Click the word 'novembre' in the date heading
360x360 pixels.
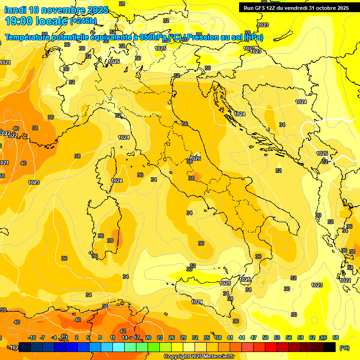coord(52,10)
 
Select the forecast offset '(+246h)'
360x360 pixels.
coord(83,21)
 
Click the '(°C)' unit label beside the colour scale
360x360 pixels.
coord(344,348)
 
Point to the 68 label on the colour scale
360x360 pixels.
coord(336,337)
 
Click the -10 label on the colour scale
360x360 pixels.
coord(32,337)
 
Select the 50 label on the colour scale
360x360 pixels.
coord(265,337)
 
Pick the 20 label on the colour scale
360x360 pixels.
coord(148,337)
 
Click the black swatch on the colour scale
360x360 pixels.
coord(330,347)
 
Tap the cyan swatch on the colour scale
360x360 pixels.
coord(119,347)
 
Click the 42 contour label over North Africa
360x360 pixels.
coord(123,331)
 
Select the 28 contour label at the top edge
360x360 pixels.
coord(122,4)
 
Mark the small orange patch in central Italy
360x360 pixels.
coord(195,176)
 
